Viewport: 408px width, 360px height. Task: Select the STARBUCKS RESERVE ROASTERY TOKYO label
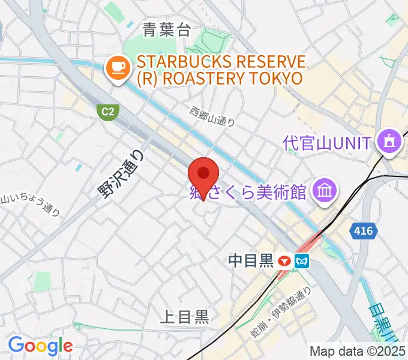[x=220, y=70]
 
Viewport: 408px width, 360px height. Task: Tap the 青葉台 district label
[x=167, y=29]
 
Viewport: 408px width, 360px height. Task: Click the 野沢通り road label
[x=121, y=173]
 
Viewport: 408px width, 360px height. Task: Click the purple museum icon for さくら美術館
[x=325, y=191]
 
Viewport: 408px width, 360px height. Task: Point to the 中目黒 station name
[x=251, y=260]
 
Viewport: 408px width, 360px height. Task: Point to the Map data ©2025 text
[x=358, y=352]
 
